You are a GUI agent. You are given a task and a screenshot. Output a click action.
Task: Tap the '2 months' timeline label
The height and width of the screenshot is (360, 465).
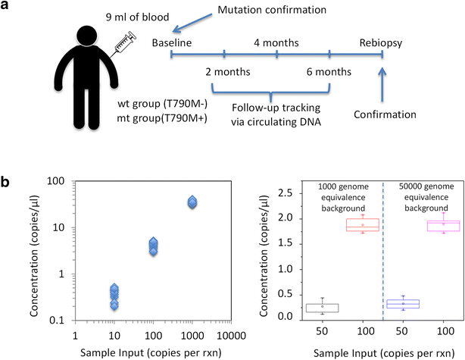pos(227,73)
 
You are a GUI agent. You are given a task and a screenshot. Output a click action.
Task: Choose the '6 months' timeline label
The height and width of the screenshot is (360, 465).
pos(329,73)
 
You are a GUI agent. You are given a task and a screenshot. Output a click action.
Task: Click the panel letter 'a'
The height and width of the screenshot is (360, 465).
pos(7,7)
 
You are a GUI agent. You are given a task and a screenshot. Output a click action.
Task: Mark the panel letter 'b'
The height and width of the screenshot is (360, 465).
pos(7,182)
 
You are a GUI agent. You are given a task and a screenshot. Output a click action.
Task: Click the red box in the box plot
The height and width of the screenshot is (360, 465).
pos(342,225)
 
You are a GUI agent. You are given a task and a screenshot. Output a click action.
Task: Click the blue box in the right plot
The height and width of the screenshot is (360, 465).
pos(403,304)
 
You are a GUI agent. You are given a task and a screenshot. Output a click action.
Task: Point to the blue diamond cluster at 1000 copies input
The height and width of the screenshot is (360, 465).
pos(192,202)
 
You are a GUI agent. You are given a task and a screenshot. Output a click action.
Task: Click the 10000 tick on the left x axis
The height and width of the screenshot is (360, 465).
pos(232,333)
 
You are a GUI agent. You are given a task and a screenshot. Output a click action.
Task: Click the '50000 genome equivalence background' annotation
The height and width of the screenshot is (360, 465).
pos(422,197)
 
